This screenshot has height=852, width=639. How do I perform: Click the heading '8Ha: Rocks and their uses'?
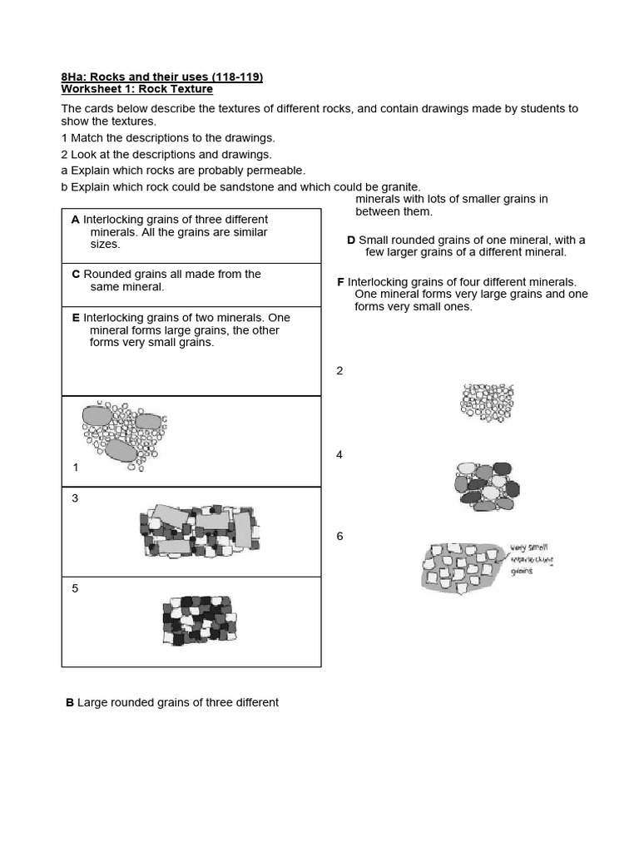(161, 77)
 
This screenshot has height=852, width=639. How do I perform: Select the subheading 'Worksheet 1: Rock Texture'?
(136, 89)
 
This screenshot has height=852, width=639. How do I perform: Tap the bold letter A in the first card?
(75, 220)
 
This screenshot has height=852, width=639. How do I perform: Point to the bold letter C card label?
(75, 274)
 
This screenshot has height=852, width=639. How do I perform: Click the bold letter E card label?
(75, 318)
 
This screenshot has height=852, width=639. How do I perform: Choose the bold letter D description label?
(351, 240)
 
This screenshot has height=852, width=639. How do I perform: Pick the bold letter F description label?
(340, 282)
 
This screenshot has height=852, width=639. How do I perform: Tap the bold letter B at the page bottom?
(70, 702)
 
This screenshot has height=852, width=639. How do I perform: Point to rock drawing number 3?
(200, 530)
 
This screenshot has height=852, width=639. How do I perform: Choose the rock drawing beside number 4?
(487, 484)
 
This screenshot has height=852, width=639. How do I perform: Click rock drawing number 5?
(196, 621)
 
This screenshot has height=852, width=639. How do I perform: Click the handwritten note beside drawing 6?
(531, 560)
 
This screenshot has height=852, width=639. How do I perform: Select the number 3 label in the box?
(75, 498)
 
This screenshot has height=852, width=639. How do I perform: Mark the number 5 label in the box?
(75, 588)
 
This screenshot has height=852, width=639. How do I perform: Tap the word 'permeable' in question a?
(278, 171)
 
